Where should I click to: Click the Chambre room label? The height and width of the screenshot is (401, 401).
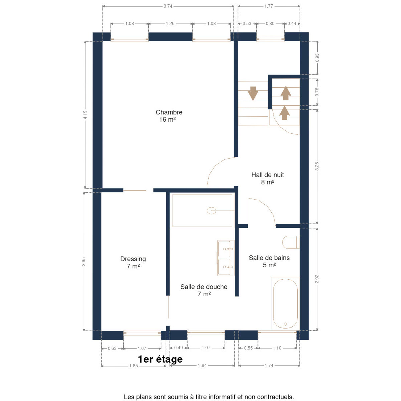169,116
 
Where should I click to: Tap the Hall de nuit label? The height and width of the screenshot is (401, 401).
268,178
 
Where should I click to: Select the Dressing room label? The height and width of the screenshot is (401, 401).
133,262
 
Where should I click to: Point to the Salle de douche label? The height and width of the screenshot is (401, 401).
204,290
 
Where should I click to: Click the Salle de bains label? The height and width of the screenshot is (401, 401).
269,261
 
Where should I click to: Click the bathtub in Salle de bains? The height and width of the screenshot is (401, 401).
285,304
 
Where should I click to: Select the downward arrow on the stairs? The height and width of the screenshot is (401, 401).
253,94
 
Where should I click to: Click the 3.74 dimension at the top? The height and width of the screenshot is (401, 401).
168,6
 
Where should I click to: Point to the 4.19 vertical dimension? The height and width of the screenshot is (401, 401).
85,115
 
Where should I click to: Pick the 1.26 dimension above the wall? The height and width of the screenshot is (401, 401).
170,23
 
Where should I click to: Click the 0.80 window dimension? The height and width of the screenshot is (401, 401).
270,23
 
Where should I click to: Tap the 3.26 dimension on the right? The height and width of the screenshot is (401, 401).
317,166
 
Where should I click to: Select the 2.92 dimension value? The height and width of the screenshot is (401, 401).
317,279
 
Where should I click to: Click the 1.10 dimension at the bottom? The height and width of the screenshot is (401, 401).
277,348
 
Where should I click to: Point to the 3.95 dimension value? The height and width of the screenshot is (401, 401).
84,262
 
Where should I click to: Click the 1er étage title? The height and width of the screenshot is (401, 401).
160,359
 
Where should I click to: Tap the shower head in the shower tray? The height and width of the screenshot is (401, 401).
211,211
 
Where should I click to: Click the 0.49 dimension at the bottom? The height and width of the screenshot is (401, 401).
178,348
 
